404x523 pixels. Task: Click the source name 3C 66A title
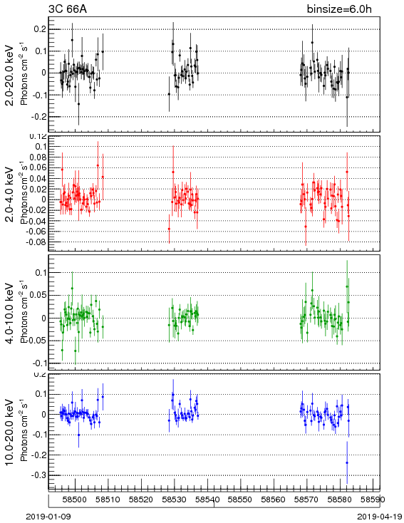(68, 9)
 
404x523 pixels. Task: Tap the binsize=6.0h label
(339, 9)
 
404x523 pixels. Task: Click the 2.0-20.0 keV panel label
(11, 75)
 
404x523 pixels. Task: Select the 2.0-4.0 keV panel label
(11, 195)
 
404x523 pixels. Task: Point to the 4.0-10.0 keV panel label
(11, 314)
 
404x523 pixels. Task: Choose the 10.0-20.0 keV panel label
(11, 433)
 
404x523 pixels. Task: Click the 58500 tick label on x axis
(76, 499)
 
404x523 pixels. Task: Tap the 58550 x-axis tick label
(241, 499)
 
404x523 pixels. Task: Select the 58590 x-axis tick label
(373, 499)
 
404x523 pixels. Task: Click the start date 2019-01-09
(48, 517)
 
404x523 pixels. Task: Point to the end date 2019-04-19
(380, 517)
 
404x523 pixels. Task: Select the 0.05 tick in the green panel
(37, 295)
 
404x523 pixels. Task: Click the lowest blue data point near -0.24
(347, 462)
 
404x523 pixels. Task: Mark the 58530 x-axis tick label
(175, 499)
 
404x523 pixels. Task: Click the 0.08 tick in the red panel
(37, 157)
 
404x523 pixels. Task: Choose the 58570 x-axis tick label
(306, 499)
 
